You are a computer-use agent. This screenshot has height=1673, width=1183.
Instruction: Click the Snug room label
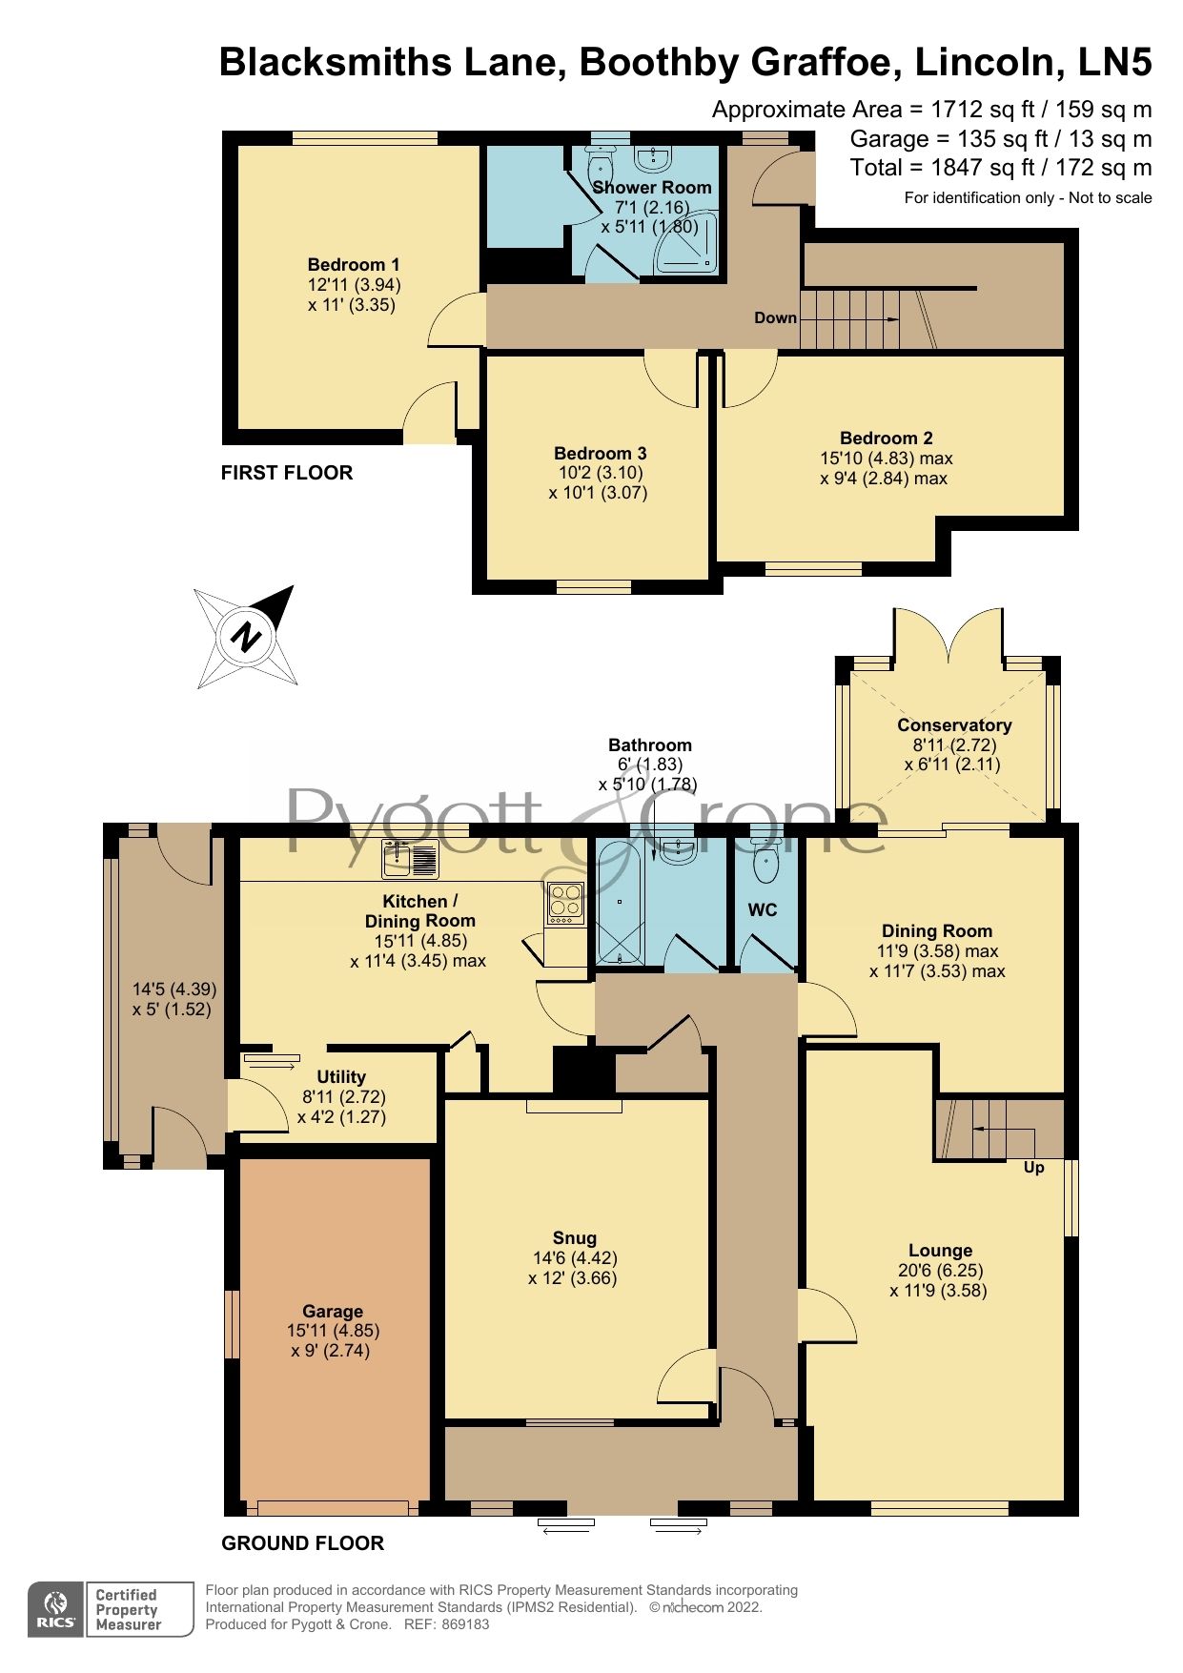pyautogui.click(x=573, y=1237)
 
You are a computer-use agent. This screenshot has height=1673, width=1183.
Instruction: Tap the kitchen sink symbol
pyautogui.click(x=410, y=859)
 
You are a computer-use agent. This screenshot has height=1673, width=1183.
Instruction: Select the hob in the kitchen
pyautogui.click(x=565, y=901)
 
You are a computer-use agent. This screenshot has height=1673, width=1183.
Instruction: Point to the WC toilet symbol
pyautogui.click(x=765, y=863)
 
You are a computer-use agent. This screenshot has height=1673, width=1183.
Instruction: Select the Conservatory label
pyautogui.click(x=953, y=724)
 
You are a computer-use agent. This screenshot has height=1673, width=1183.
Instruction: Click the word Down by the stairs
pyautogui.click(x=775, y=317)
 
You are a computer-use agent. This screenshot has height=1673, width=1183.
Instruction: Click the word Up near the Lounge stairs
pyautogui.click(x=1033, y=1167)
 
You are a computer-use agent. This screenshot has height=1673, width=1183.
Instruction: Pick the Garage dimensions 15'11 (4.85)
pyautogui.click(x=333, y=1331)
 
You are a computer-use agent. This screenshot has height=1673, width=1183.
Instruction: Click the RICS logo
pyautogui.click(x=56, y=1609)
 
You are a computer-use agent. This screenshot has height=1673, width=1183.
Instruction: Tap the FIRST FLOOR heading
pyautogui.click(x=287, y=473)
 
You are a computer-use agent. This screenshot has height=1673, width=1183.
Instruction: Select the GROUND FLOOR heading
pyautogui.click(x=302, y=1542)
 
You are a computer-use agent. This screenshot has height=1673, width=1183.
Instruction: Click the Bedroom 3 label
pyautogui.click(x=600, y=453)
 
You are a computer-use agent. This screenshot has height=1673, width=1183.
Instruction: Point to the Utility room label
pyautogui.click(x=341, y=1076)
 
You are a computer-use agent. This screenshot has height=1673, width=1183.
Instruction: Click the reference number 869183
pyautogui.click(x=460, y=1624)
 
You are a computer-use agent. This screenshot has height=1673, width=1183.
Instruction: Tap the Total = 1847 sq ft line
pyautogui.click(x=1000, y=168)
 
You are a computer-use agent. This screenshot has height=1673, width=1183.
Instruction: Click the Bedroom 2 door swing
pyautogui.click(x=748, y=377)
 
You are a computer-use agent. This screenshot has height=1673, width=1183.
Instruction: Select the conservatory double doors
pyautogui.click(x=948, y=637)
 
